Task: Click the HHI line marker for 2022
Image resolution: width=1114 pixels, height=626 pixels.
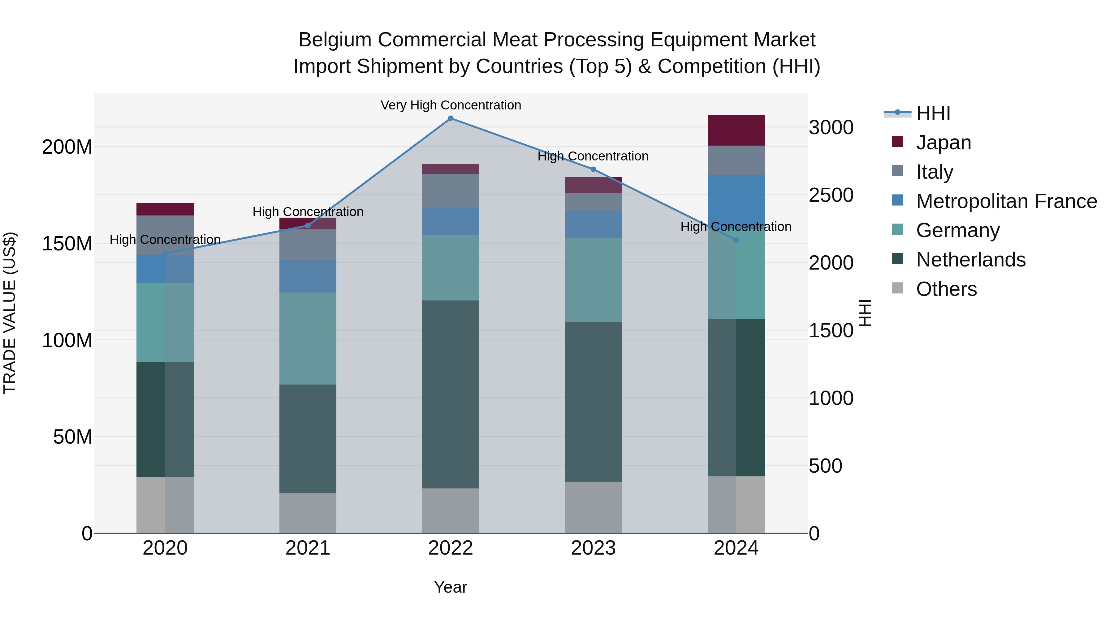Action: pyautogui.click(x=451, y=118)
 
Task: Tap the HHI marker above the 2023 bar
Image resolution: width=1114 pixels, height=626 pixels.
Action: pyautogui.click(x=593, y=169)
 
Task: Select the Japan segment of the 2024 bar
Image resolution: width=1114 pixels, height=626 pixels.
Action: pyautogui.click(x=736, y=130)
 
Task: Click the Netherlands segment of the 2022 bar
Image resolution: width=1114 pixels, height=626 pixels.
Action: pyautogui.click(x=451, y=394)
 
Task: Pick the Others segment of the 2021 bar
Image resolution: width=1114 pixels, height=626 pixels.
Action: pyautogui.click(x=308, y=513)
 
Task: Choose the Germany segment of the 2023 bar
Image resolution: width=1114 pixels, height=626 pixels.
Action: pyautogui.click(x=593, y=280)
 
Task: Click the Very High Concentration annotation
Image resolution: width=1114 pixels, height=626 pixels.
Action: pyautogui.click(x=451, y=105)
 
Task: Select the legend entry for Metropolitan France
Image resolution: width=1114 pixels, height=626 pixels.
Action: pyautogui.click(x=1006, y=201)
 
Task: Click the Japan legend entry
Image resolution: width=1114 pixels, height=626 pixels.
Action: pyautogui.click(x=943, y=143)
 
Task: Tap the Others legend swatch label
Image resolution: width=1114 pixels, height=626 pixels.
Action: pyautogui.click(x=946, y=289)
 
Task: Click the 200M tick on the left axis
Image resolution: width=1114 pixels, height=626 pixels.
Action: pyautogui.click(x=67, y=147)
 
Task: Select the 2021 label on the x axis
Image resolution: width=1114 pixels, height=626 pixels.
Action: pyautogui.click(x=308, y=548)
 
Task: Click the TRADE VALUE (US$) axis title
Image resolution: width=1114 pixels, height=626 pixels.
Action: pyautogui.click(x=10, y=313)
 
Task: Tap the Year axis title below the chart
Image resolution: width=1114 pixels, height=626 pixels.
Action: pyautogui.click(x=451, y=587)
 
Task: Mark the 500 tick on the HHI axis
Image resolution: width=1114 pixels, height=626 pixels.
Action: pyautogui.click(x=825, y=466)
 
